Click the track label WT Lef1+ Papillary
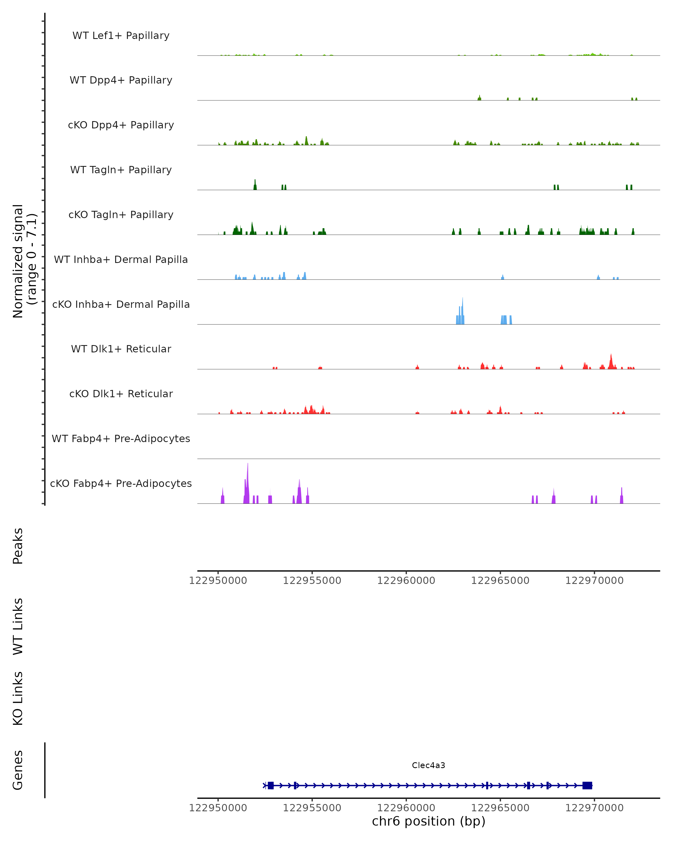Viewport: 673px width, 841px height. click(x=121, y=36)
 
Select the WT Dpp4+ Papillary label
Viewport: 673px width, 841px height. click(x=121, y=80)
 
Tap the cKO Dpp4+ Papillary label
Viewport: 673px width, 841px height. click(x=121, y=125)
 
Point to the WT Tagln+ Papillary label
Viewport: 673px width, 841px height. click(x=121, y=170)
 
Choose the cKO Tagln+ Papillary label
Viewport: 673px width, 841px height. click(x=121, y=215)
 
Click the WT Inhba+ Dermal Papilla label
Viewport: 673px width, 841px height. click(x=121, y=260)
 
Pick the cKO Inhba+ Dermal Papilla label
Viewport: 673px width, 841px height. click(x=121, y=305)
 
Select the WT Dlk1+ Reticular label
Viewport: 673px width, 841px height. click(x=121, y=349)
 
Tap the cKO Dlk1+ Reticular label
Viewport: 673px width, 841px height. click(x=121, y=394)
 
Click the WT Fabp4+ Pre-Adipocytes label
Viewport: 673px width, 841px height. click(x=121, y=439)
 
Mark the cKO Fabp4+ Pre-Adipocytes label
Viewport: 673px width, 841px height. click(x=121, y=484)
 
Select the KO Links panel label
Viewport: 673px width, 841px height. click(x=18, y=699)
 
